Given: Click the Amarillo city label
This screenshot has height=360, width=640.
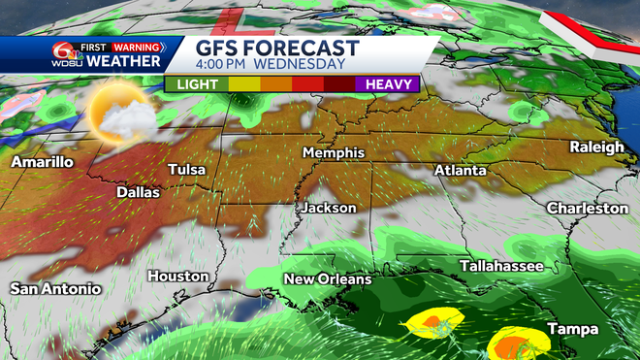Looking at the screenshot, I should pyautogui.click(x=42, y=162).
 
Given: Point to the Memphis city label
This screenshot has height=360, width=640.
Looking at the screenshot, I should pyautogui.click(x=333, y=153).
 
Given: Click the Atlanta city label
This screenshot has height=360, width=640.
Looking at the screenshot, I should pyautogui.click(x=460, y=170).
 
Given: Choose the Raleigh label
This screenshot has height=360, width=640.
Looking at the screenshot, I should pyautogui.click(x=596, y=147).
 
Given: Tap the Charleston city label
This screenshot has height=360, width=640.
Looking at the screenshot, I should pyautogui.click(x=588, y=209).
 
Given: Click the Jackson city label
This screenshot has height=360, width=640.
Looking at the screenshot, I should pyautogui.click(x=329, y=208).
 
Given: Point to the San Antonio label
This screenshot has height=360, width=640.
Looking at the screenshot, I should pyautogui.click(x=55, y=289).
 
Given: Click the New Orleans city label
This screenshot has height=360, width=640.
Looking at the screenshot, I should pyautogui.click(x=327, y=279).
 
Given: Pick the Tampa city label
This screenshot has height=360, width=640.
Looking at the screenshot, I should pyautogui.click(x=572, y=330).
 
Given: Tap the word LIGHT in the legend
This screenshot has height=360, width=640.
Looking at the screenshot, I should pyautogui.click(x=197, y=84).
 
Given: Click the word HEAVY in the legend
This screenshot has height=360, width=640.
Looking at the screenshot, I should pyautogui.click(x=387, y=84).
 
